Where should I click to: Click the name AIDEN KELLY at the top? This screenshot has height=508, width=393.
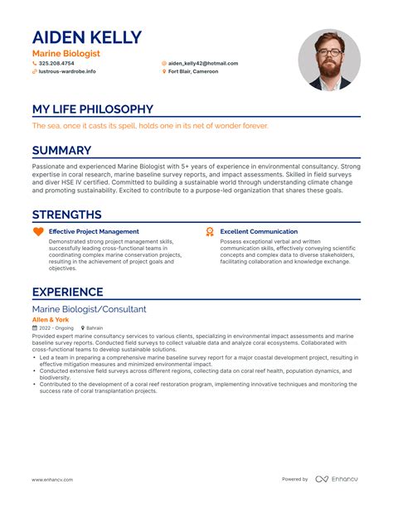[x=86, y=37]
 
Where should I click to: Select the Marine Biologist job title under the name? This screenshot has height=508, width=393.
[x=65, y=53]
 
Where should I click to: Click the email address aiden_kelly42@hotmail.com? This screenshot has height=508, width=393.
[x=203, y=63]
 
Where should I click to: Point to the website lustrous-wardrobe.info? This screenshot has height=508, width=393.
[x=67, y=71]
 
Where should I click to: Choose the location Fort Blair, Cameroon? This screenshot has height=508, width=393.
[x=193, y=71]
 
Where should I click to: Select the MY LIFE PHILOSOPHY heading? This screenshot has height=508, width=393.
[x=92, y=109]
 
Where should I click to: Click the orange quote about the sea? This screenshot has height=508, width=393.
[x=150, y=126]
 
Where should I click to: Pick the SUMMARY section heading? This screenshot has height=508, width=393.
[x=61, y=150]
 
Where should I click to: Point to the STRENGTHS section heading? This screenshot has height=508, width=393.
[x=66, y=215]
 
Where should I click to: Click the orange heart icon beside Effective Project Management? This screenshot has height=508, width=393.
[x=38, y=231]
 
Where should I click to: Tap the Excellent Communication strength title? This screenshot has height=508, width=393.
[x=259, y=231]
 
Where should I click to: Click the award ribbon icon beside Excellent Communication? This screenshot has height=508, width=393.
[x=210, y=231]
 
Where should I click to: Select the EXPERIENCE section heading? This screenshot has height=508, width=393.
[x=67, y=292]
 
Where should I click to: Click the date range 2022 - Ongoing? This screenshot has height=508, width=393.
[x=56, y=328]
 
